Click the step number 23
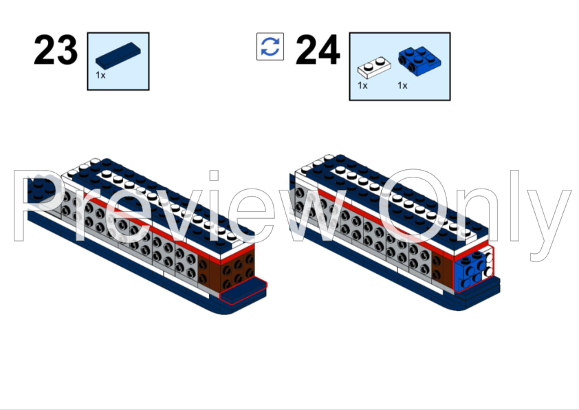(55, 50)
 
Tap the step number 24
(317, 50)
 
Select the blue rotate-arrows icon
(270, 47)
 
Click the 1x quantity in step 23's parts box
(100, 75)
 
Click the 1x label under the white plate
(362, 86)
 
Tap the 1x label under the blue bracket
(402, 86)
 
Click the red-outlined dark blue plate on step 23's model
(244, 290)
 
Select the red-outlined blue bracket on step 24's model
(472, 270)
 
